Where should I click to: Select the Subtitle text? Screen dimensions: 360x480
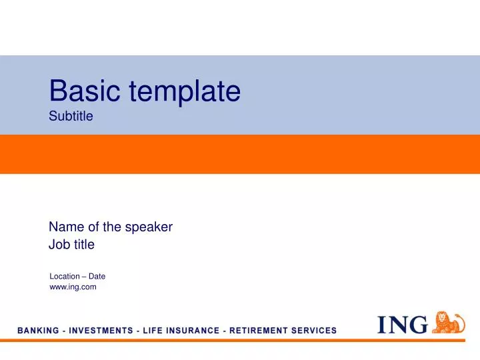point(71,117)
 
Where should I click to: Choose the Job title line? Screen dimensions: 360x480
point(72,245)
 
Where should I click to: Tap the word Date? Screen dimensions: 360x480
point(97,276)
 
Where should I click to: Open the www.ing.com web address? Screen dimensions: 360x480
point(73,287)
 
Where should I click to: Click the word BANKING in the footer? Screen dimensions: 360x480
point(37,331)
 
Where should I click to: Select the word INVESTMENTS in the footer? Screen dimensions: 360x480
point(96,331)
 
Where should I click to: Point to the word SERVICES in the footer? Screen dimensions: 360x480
point(313,331)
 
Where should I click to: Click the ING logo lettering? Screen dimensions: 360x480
point(403,325)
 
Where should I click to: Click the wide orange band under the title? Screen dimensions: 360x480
point(240,154)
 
